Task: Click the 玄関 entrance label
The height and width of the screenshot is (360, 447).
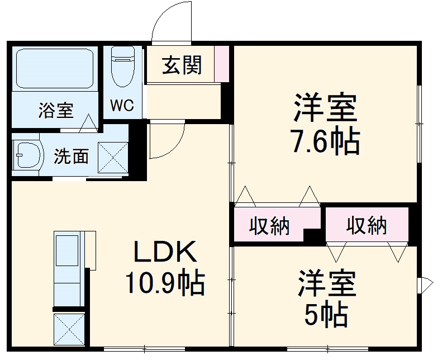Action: tap(182, 66)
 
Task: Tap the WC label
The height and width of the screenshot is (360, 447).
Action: tap(121, 106)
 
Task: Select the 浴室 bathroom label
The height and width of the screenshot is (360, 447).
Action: tap(56, 110)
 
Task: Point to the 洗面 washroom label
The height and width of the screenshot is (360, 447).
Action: tap(71, 157)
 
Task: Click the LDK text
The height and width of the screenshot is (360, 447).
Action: tap(164, 253)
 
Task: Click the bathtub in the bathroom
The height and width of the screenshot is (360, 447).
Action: tap(54, 69)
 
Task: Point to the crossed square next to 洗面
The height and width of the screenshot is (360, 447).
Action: tap(113, 157)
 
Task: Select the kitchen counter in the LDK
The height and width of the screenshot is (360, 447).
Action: tap(68, 268)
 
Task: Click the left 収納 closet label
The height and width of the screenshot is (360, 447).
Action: tap(269, 226)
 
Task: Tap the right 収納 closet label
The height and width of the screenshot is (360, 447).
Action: tap(367, 225)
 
